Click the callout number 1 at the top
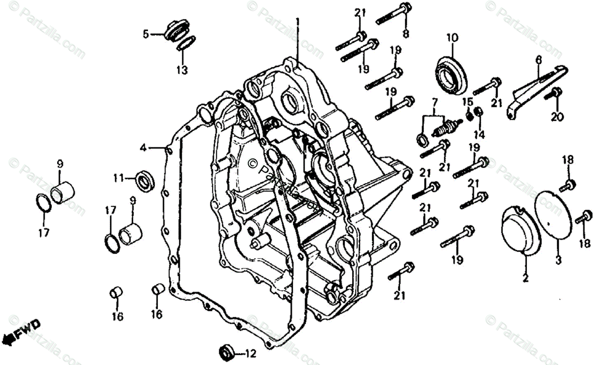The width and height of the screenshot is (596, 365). click(x=298, y=22)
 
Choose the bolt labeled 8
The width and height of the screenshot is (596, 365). click(x=392, y=15)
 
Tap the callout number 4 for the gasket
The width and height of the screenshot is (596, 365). click(x=143, y=147)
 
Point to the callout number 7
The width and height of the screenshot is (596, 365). click(x=435, y=103)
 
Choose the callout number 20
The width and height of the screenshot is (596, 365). click(x=557, y=117)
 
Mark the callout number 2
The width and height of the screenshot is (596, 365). click(x=525, y=278)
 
